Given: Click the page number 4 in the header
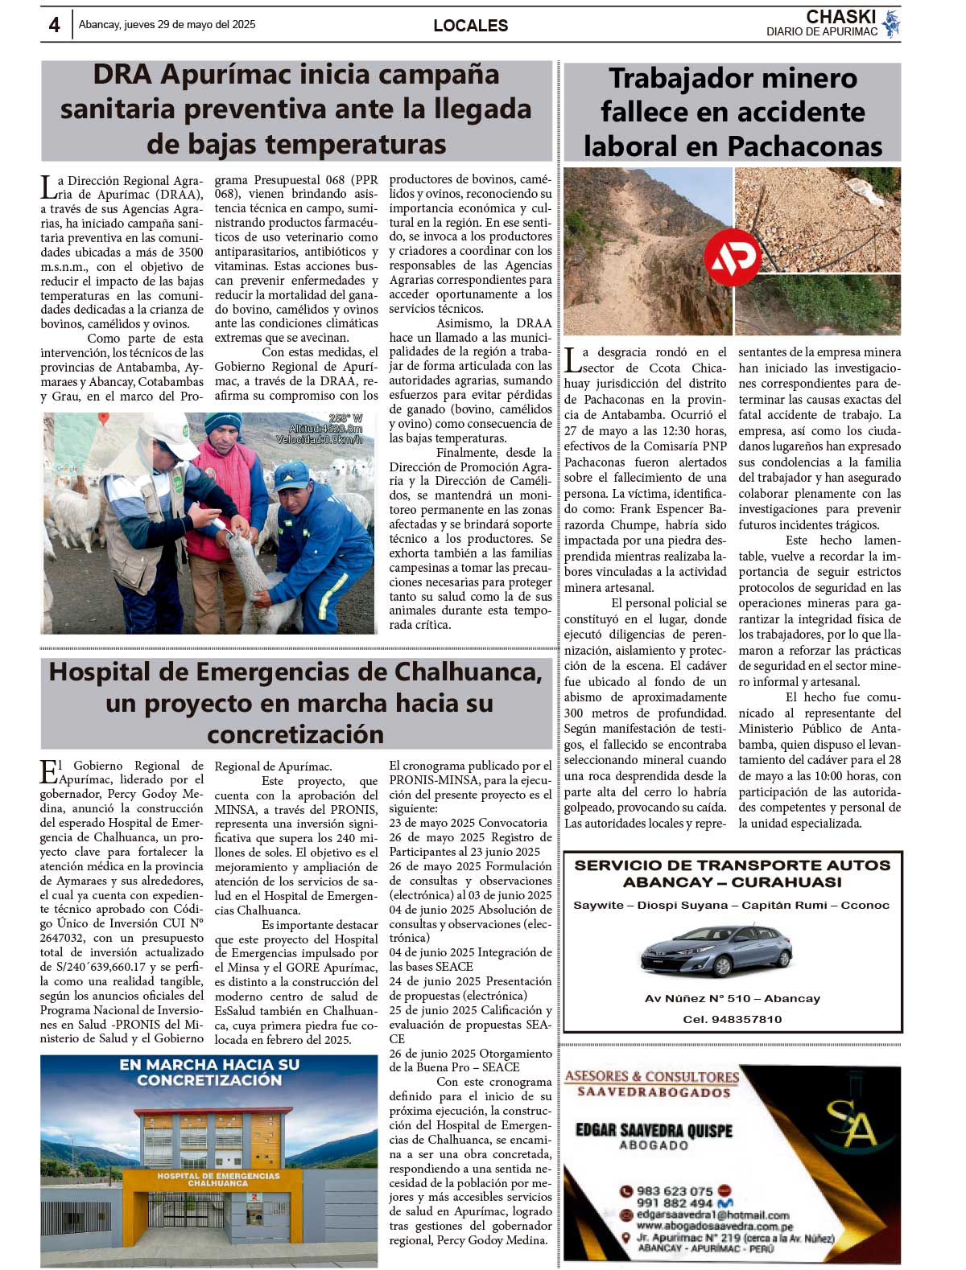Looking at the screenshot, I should pyautogui.click(x=54, y=25).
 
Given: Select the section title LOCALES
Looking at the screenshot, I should pyautogui.click(x=470, y=26).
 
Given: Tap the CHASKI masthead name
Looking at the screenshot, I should pyautogui.click(x=840, y=17).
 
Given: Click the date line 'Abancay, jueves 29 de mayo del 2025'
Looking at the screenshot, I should pyautogui.click(x=167, y=25).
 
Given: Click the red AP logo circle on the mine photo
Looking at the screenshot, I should pyautogui.click(x=732, y=258).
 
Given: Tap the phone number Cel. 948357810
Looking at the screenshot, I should pyautogui.click(x=732, y=1019).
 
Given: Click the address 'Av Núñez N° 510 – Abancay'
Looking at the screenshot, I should pyautogui.click(x=732, y=999).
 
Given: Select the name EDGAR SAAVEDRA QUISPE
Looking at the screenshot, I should pyautogui.click(x=654, y=1130).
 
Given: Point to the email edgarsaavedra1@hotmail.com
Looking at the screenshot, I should pyautogui.click(x=712, y=1215).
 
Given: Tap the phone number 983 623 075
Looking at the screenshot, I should pyautogui.click(x=675, y=1191).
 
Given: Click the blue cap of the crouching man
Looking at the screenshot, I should pyautogui.click(x=291, y=475).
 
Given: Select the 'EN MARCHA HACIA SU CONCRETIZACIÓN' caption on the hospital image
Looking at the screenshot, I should pyautogui.click(x=209, y=1072).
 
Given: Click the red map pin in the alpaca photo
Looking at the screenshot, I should pyautogui.click(x=103, y=418).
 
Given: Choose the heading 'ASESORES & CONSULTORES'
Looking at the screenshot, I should pyautogui.click(x=651, y=1076).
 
